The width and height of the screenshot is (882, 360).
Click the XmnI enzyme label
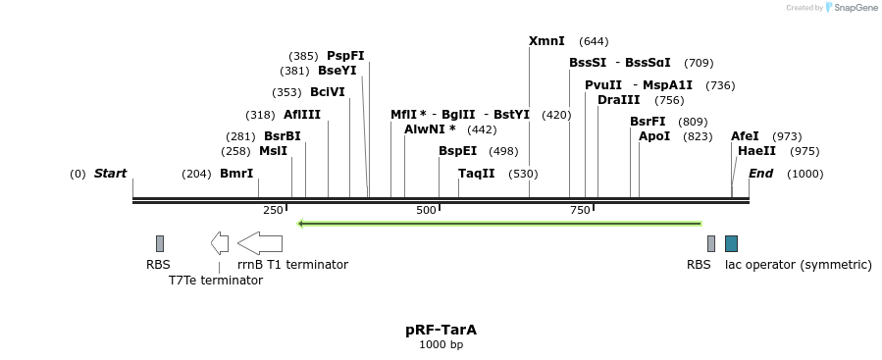546,41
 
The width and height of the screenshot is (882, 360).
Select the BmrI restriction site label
236,174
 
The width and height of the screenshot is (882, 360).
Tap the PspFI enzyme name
345,56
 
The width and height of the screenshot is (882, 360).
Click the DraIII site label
618,100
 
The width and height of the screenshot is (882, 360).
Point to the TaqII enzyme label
477,174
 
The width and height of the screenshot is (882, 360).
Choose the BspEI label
457,151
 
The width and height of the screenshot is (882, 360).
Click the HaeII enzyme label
756,151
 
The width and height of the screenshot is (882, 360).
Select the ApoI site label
654,136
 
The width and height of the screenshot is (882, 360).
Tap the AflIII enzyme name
302,115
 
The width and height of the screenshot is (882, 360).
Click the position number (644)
594,41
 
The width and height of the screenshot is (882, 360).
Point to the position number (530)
524,174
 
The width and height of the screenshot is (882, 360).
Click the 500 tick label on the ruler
427,211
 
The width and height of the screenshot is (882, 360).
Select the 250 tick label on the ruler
273,211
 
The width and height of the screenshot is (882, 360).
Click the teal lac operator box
731,243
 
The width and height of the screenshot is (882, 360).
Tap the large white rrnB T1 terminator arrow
261,243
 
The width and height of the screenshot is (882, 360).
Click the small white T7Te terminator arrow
220,243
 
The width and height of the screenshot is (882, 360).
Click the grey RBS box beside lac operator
711,243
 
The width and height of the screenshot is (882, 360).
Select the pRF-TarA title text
441,331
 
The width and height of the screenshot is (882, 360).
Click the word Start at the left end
111,174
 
